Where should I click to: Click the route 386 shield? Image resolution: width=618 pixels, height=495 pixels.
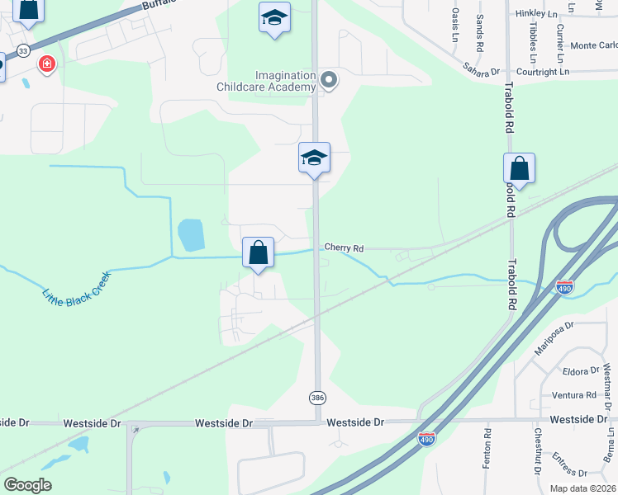(x=318, y=398)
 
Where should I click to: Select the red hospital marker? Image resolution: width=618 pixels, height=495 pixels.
(x=47, y=63)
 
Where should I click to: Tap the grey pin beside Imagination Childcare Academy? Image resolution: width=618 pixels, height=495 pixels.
(x=329, y=80)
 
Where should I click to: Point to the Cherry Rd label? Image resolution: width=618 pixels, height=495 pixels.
(x=344, y=247)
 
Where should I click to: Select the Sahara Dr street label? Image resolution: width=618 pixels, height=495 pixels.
(x=482, y=68)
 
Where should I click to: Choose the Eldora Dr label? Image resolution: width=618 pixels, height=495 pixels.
(x=579, y=371)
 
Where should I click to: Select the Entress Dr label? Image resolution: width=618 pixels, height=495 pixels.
(x=569, y=462)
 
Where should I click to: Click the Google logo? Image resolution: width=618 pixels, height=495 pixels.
(x=27, y=485)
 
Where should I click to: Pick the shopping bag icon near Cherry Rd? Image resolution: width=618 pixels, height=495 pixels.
(x=258, y=252)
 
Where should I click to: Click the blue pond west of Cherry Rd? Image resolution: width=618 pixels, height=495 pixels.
(x=191, y=235)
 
